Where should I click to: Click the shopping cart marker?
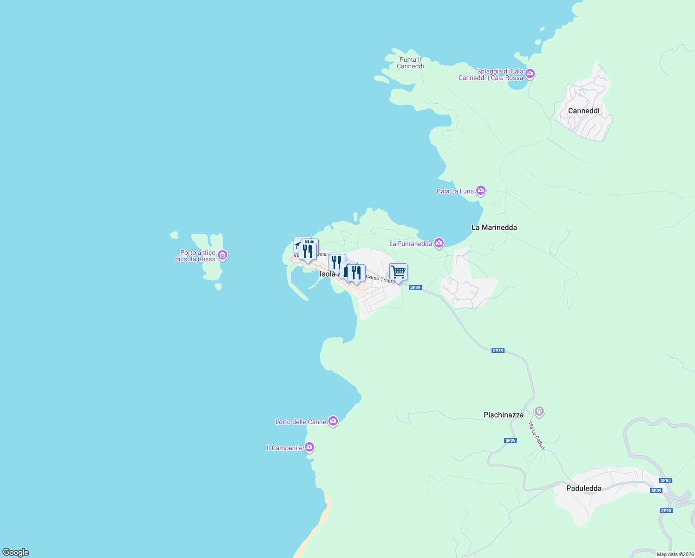(x=398, y=272)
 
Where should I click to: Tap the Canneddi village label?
(x=584, y=111)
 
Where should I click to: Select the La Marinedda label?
(x=494, y=227)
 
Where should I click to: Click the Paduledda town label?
(x=584, y=488)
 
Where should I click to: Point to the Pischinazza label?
(x=503, y=415)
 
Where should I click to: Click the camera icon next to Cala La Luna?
(x=481, y=190)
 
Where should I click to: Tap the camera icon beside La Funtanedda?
(x=439, y=243)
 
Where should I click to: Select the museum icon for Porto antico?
(x=223, y=255)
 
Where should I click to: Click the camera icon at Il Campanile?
(x=309, y=447)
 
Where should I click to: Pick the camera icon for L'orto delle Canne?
(x=333, y=421)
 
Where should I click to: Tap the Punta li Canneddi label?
(x=410, y=63)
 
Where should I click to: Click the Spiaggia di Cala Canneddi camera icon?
(x=530, y=74)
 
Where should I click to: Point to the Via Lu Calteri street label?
(x=536, y=436)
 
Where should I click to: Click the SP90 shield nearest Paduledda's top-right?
(x=665, y=480)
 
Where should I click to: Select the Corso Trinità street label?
(x=380, y=279)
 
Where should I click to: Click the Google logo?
(x=16, y=552)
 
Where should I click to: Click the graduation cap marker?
(x=298, y=244)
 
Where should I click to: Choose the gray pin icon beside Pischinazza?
(x=539, y=411)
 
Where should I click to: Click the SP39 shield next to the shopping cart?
(x=415, y=287)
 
